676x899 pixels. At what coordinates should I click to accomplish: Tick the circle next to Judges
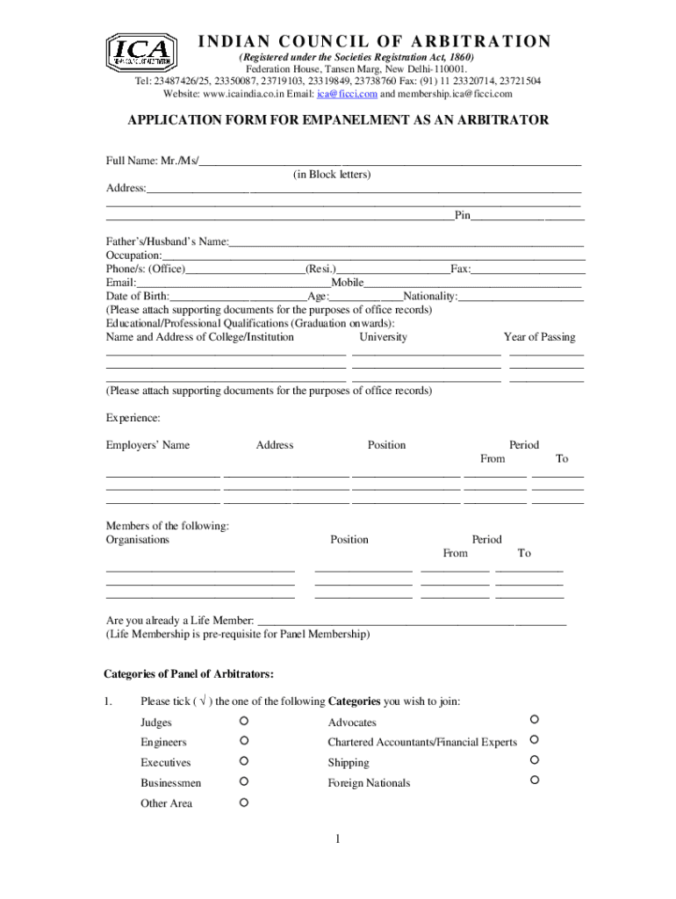point(243,721)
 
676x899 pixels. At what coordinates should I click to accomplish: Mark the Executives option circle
point(243,761)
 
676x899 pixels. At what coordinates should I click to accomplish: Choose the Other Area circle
point(243,802)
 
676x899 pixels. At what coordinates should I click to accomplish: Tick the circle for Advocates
point(533,720)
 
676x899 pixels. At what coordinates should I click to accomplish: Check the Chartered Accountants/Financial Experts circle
point(533,740)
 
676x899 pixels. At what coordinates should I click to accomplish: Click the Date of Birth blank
point(238,297)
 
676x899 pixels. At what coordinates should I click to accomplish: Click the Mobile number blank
point(473,283)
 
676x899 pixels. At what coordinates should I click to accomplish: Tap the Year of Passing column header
point(539,337)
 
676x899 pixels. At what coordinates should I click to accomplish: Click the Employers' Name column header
point(147,445)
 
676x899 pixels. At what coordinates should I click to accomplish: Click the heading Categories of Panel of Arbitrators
point(189,674)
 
